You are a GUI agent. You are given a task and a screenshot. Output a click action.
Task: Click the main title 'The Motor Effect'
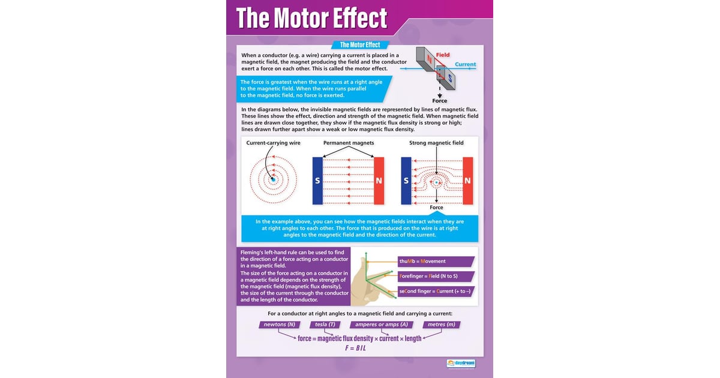(311, 19)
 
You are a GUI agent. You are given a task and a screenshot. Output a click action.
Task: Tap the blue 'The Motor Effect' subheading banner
(360, 45)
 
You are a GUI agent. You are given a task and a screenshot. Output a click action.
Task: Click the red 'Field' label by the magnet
(443, 55)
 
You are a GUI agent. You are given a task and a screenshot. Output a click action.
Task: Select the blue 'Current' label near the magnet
(465, 64)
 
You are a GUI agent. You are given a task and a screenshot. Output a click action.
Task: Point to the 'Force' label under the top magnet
(440, 101)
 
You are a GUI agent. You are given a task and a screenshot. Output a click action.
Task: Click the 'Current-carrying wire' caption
(273, 143)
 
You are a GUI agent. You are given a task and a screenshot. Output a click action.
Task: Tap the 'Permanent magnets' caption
(349, 143)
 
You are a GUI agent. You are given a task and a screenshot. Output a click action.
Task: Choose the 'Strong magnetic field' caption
(437, 143)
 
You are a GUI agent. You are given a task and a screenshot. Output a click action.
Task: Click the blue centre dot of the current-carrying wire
(273, 179)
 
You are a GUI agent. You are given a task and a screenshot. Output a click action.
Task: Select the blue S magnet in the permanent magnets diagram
(317, 181)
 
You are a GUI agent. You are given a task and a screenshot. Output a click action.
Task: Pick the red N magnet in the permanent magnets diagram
(379, 181)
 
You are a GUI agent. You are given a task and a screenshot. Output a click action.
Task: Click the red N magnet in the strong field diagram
(467, 181)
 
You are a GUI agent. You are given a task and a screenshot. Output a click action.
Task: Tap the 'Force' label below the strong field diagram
(436, 208)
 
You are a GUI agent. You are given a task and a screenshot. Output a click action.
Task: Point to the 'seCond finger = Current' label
(436, 292)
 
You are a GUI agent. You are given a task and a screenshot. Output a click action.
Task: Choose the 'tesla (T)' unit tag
(325, 325)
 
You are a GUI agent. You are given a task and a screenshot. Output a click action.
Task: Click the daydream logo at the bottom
(460, 363)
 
